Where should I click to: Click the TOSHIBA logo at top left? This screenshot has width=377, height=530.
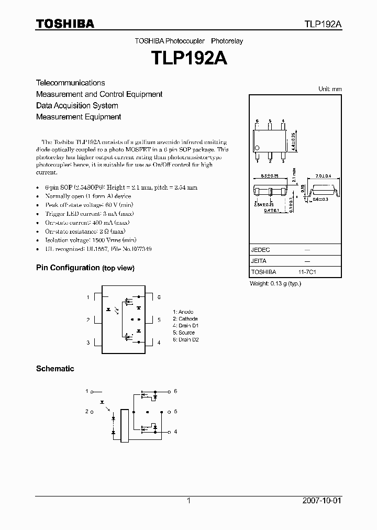click(x=65, y=24)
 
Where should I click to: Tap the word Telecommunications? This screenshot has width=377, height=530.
click(x=70, y=83)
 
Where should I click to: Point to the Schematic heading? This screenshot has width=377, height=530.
click(x=55, y=369)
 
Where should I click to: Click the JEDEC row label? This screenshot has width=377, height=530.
click(x=261, y=250)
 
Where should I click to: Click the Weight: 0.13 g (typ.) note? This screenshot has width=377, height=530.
click(x=275, y=283)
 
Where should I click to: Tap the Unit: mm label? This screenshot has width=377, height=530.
click(x=330, y=89)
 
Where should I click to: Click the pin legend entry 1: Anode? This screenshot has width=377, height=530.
click(x=183, y=312)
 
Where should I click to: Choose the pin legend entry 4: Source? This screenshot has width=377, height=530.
click(x=183, y=333)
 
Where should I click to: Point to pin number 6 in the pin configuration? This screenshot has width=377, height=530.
click(x=159, y=297)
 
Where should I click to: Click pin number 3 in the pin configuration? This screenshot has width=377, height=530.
click(x=88, y=343)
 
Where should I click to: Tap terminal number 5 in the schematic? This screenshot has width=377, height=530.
click(x=175, y=412)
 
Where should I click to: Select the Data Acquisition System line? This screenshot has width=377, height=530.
click(x=77, y=106)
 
